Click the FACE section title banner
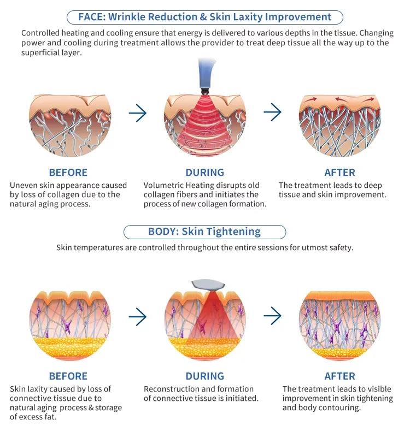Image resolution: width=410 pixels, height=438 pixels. (x=204, y=17)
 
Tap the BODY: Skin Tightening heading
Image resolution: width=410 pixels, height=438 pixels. (x=204, y=232)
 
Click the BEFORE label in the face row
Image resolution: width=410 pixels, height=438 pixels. (x=68, y=173)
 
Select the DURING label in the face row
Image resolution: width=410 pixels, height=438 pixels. (x=204, y=173)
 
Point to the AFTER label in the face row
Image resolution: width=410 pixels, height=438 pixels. (x=339, y=173)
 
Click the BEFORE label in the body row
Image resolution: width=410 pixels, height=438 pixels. (x=68, y=376)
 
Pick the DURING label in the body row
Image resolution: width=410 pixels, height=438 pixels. (x=204, y=376)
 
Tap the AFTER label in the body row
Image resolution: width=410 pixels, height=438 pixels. (x=339, y=376)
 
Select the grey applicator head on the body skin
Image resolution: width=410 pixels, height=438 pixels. (x=208, y=285)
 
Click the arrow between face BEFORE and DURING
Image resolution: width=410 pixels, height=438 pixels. (x=138, y=113)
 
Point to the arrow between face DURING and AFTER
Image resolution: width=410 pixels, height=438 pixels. (x=272, y=112)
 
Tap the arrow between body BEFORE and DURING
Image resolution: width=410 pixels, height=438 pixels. (x=138, y=317)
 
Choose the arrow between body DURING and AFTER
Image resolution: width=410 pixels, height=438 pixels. (x=272, y=316)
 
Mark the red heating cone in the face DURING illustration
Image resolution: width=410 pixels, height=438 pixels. (x=206, y=123)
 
